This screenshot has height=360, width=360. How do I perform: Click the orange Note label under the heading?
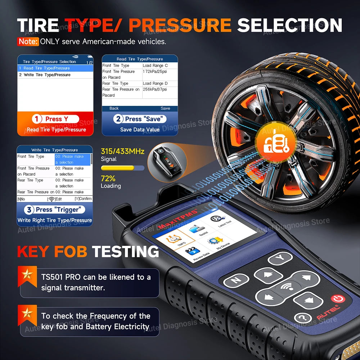point(28,41)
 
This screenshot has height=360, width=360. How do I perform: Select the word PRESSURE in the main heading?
point(180,25)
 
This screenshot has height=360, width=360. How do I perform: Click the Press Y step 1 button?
point(55,119)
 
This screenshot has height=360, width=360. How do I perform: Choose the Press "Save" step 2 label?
point(140,119)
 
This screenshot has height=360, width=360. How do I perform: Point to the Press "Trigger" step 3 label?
point(55,210)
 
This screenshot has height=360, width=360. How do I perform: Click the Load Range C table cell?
point(155,66)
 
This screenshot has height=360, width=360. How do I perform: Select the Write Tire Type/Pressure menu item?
point(45,75)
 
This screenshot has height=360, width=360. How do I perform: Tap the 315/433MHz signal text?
point(123,152)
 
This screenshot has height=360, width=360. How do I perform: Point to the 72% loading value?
point(108,178)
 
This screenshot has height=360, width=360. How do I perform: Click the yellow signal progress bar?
point(118,168)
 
